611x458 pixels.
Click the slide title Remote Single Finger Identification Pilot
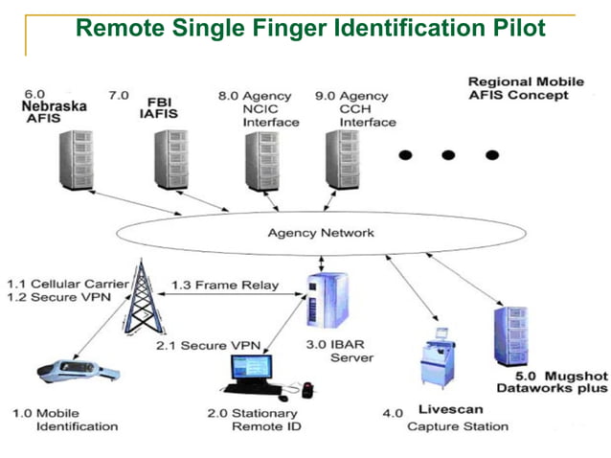point(310,28)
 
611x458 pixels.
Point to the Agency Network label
point(321,233)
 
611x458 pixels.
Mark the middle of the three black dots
point(448,154)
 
